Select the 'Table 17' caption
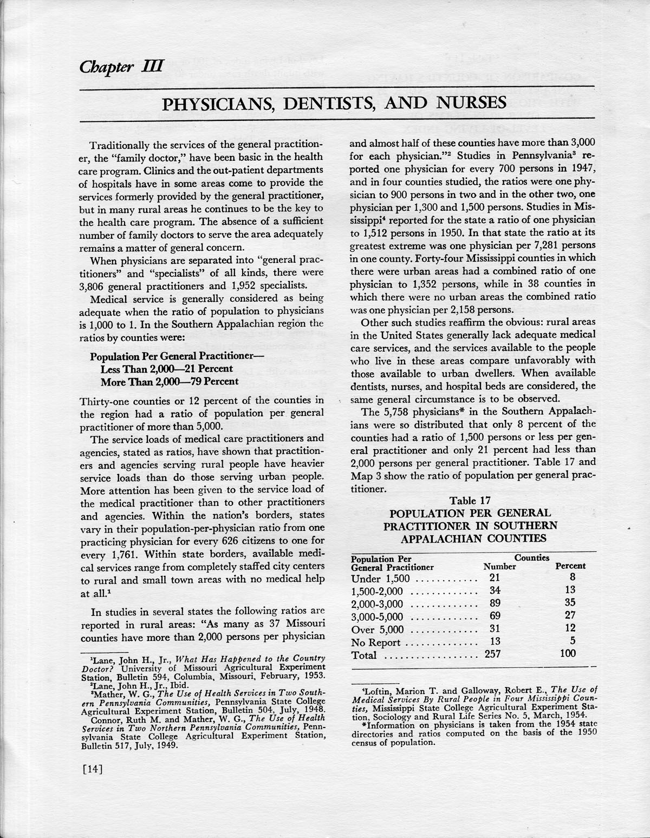[470, 500]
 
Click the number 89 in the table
[494, 603]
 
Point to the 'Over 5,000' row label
[378, 629]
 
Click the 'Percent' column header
[570, 566]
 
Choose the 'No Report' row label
[376, 643]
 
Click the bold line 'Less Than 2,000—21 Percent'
[167, 369]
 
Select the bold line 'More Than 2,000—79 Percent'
[170, 381]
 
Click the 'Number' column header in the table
[499, 567]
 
